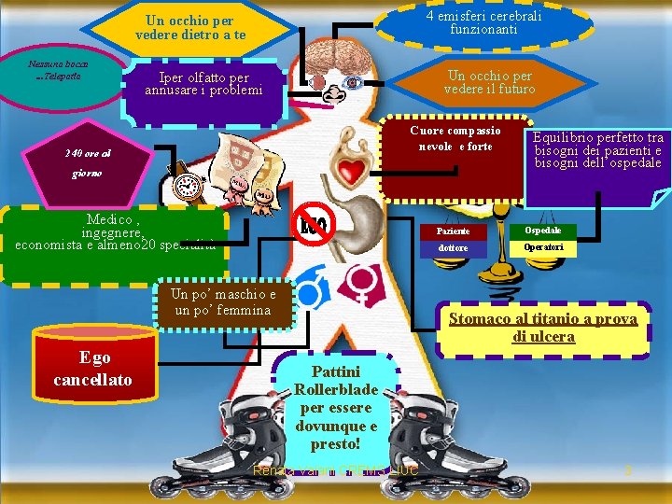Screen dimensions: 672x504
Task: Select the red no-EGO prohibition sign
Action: pos(315,224)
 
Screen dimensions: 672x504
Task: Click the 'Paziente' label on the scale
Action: pos(454,231)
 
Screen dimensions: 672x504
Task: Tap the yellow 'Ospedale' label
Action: pos(543,230)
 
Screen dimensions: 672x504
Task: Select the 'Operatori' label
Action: pos(543,248)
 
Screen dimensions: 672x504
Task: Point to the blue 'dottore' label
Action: pos(454,249)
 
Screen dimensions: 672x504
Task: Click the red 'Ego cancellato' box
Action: pos(92,369)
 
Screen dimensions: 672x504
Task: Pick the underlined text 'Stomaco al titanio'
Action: pos(543,319)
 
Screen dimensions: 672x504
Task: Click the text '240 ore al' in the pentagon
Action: pos(88,153)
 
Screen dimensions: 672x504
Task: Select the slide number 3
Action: pos(628,470)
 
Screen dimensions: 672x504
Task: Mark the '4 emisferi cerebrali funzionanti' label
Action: pos(483,22)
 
